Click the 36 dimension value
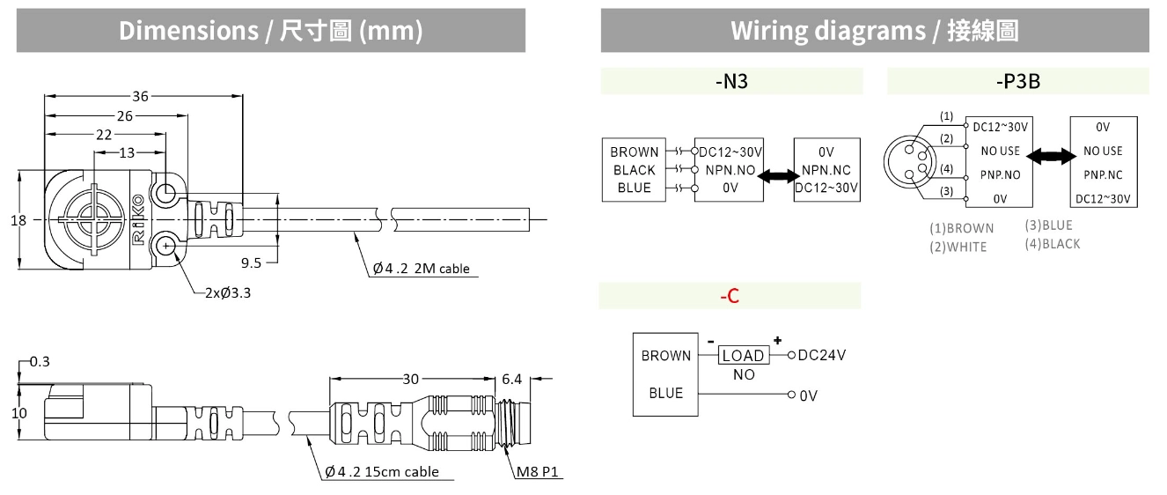(x=140, y=96)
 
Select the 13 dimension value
(x=128, y=152)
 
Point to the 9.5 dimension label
(x=252, y=262)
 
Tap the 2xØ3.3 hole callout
(x=228, y=293)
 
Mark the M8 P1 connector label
(x=536, y=472)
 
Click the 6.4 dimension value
(x=511, y=379)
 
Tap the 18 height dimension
(x=18, y=220)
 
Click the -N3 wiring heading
(x=730, y=82)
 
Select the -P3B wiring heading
(x=1017, y=82)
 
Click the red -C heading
(x=730, y=297)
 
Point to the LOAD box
(x=743, y=356)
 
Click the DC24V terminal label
(x=823, y=355)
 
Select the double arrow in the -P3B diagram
(x=1051, y=156)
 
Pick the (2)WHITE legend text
(x=958, y=247)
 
